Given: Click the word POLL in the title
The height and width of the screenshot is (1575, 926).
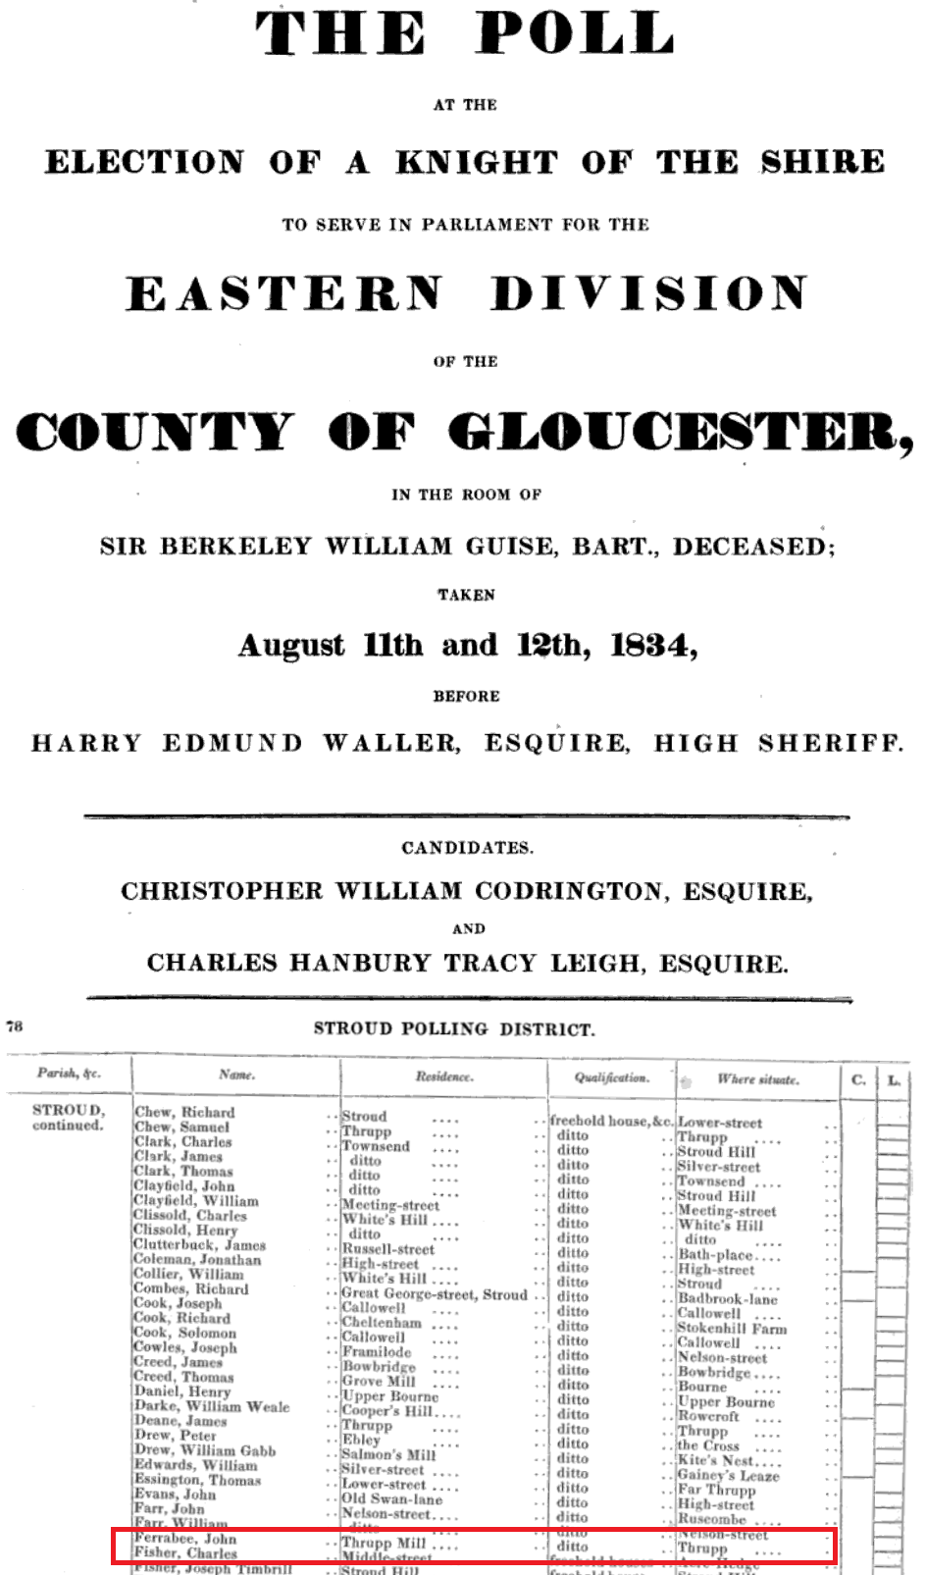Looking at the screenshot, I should [x=575, y=34].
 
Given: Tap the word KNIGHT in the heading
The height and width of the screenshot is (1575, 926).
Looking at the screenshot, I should [x=476, y=162].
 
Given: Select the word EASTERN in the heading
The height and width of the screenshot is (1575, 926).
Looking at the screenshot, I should [x=284, y=293].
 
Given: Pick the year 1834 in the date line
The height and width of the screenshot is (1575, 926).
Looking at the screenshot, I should [x=651, y=646].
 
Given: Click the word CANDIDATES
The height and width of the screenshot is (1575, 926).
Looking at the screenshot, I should [x=467, y=848].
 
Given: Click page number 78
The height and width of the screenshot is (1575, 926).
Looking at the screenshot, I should [x=15, y=1026].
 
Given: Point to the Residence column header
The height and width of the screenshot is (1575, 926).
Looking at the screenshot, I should [x=443, y=1076].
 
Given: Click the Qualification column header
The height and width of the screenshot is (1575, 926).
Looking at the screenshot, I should [x=611, y=1077].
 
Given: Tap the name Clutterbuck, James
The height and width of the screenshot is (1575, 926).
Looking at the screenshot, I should [x=199, y=1245].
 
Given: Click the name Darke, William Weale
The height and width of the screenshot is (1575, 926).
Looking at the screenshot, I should [x=211, y=1406].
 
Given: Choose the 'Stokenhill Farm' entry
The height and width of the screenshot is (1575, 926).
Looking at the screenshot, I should [x=732, y=1329].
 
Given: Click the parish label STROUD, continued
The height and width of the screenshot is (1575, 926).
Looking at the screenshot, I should [x=68, y=1118].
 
